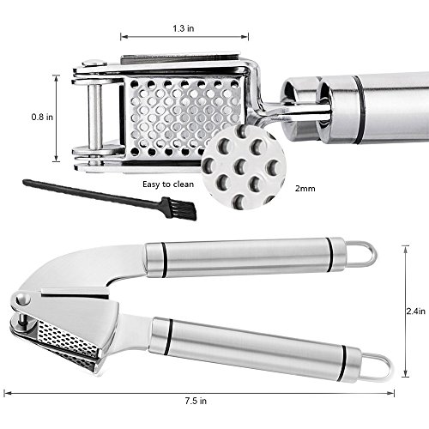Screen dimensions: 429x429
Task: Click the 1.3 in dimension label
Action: [x=183, y=28]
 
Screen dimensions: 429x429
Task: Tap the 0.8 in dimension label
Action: [x=42, y=117]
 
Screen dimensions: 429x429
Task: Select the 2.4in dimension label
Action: [x=416, y=311]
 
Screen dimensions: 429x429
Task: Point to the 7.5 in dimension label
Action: [x=196, y=401]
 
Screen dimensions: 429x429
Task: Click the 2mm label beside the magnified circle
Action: [x=305, y=189]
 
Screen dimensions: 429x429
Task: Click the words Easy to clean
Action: [x=168, y=184]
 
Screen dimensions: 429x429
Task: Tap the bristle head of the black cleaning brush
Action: [x=180, y=208]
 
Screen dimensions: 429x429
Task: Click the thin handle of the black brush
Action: [x=93, y=192]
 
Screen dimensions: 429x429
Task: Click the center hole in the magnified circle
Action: [x=241, y=166]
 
